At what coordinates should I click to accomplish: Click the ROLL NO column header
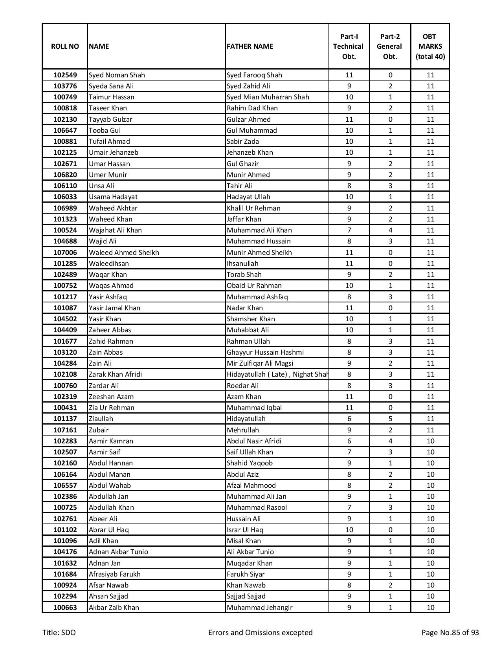[65, 46]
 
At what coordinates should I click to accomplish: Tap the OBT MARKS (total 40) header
[430, 46]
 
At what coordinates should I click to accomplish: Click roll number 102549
[65, 75]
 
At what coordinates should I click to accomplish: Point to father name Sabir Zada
[242, 141]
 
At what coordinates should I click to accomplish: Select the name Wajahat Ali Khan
[115, 230]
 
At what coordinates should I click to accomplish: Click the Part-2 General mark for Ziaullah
[390, 419]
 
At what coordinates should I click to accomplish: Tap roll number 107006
[65, 253]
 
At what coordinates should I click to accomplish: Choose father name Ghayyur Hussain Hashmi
[265, 352]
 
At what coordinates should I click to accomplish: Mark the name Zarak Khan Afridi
[115, 374]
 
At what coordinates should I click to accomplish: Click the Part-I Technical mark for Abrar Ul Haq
[349, 530]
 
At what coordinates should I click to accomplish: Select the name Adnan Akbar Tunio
[118, 552]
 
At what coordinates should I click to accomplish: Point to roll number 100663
[65, 608]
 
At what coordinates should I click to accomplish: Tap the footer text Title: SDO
[59, 632]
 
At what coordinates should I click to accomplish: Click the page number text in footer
[450, 632]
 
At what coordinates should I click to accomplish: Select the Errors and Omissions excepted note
[260, 632]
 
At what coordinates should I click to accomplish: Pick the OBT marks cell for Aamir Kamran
[430, 441]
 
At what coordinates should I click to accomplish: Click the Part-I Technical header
[349, 46]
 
